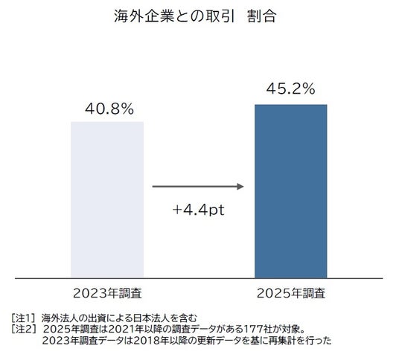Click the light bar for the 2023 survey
[x=107, y=200]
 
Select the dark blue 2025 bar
[x=291, y=191]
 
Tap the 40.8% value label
[x=109, y=109]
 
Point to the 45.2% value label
[x=291, y=89]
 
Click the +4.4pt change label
[x=199, y=210]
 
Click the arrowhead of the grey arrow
[x=240, y=187]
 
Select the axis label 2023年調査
[x=107, y=293]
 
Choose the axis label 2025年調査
[x=291, y=293]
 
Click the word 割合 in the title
[x=262, y=16]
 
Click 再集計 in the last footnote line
[x=283, y=341]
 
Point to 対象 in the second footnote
[x=290, y=330]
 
